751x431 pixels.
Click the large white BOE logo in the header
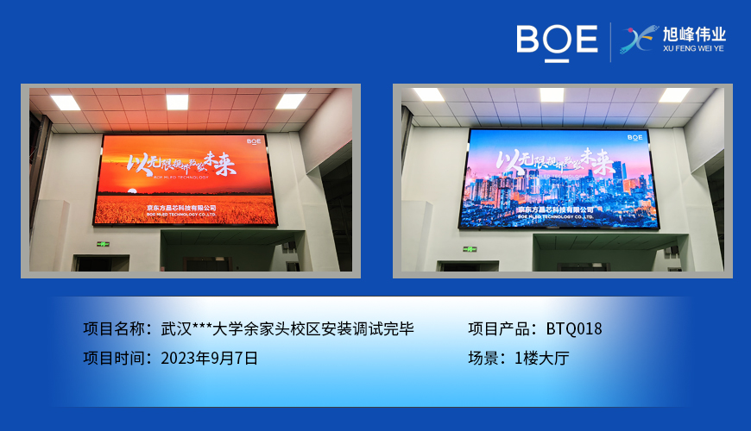[557, 41]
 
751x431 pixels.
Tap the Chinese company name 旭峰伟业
[694, 35]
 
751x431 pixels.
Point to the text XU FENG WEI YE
[694, 50]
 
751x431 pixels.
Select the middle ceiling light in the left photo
[177, 102]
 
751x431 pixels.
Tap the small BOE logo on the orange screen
[253, 140]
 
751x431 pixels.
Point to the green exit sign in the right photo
[470, 249]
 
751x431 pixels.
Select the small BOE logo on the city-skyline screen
[634, 136]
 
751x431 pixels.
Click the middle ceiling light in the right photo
[552, 95]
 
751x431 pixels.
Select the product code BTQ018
[574, 328]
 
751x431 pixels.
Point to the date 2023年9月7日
[209, 358]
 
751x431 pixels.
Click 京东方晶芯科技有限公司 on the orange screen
[181, 208]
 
